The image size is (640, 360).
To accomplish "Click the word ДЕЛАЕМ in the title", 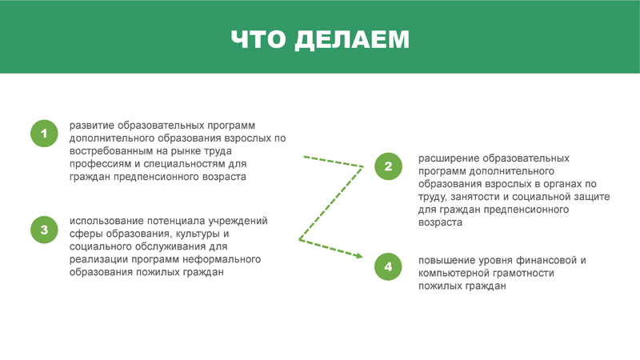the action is pyautogui.click(x=352, y=39).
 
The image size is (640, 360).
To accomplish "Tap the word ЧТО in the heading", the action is pyautogui.click(x=258, y=39).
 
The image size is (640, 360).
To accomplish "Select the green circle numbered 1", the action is pyautogui.click(x=44, y=134).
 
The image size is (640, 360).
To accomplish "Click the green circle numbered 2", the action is pyautogui.click(x=388, y=166).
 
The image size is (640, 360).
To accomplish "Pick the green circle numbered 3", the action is pyautogui.click(x=44, y=230).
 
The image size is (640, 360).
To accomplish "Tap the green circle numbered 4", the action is pyautogui.click(x=388, y=266).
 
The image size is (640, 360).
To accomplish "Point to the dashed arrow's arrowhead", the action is pyautogui.click(x=358, y=256).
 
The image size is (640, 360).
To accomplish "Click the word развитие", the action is pyautogui.click(x=92, y=126).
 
